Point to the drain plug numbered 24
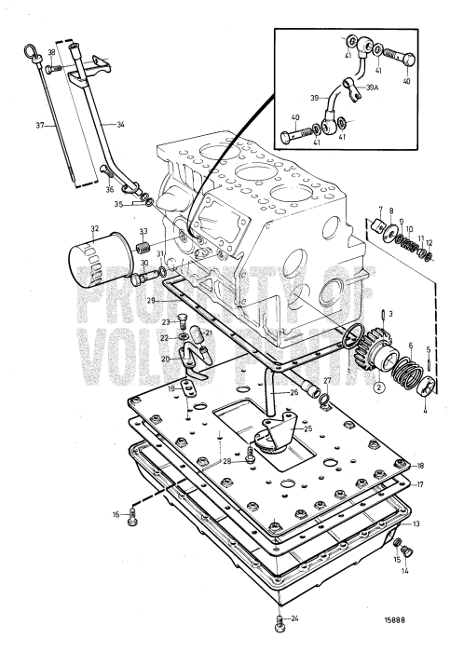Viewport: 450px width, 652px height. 280,618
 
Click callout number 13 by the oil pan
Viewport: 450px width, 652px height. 416,524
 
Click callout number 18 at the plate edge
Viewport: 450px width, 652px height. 420,466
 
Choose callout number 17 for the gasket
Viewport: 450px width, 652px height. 420,484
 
